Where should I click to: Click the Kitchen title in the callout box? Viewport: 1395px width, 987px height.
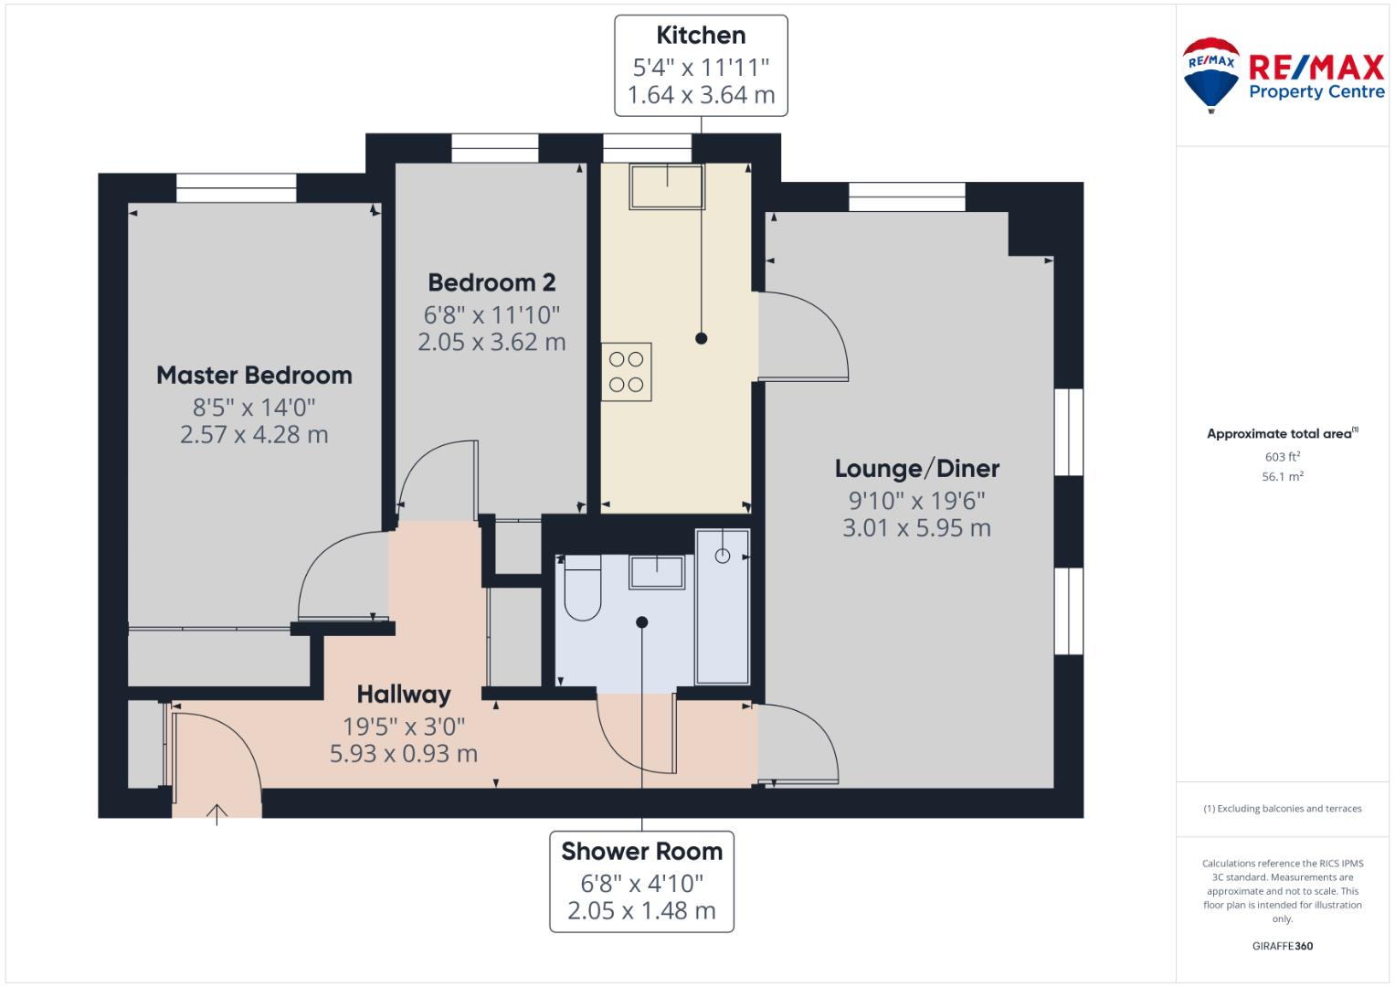pyautogui.click(x=701, y=36)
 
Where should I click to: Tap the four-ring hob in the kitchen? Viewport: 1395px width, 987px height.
pyautogui.click(x=626, y=372)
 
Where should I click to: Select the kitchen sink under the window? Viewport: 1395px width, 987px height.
pyautogui.click(x=667, y=186)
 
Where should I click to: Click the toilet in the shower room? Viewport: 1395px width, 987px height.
pyautogui.click(x=582, y=588)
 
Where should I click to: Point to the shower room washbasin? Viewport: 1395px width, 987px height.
pyautogui.click(x=657, y=572)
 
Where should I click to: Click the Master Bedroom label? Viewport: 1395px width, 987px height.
pyautogui.click(x=254, y=375)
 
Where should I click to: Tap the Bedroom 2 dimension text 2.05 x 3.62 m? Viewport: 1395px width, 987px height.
pyautogui.click(x=491, y=342)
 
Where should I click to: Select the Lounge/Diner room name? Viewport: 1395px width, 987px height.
pyautogui.click(x=916, y=469)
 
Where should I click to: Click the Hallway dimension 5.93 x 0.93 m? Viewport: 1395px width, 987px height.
pyautogui.click(x=404, y=754)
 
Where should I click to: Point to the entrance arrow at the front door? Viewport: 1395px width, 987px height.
pyautogui.click(x=217, y=814)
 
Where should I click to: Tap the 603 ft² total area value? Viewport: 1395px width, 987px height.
pyautogui.click(x=1283, y=457)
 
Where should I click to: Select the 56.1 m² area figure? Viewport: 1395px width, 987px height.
pyautogui.click(x=1283, y=477)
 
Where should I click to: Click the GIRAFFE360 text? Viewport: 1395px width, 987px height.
pyautogui.click(x=1283, y=946)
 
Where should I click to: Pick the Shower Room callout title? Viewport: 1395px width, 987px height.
pyautogui.click(x=641, y=852)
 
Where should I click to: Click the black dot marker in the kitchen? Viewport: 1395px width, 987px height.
pyautogui.click(x=702, y=339)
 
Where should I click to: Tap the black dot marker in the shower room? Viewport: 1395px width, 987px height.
pyautogui.click(x=642, y=621)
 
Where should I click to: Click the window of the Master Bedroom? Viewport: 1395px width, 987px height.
pyautogui.click(x=236, y=187)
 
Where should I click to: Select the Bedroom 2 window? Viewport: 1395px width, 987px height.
pyautogui.click(x=494, y=148)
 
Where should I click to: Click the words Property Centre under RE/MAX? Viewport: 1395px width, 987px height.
pyautogui.click(x=1316, y=92)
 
